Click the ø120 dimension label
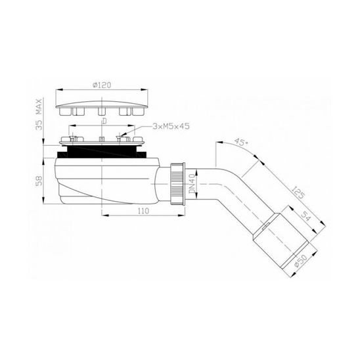point(102,85)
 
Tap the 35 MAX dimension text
point(39,114)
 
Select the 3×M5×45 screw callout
point(171,126)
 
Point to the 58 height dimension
point(39,181)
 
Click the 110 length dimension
point(143,210)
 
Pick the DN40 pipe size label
point(192,184)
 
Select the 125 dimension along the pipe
point(298,192)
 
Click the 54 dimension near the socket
point(305,217)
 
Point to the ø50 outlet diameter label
point(300,261)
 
